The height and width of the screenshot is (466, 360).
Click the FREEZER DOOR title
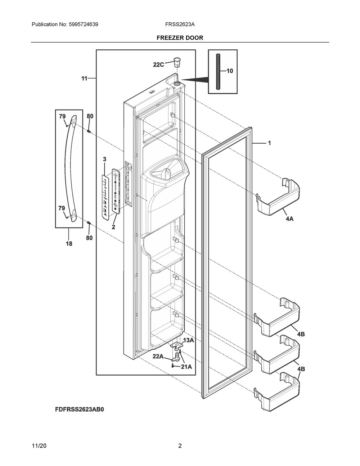[x=180, y=37]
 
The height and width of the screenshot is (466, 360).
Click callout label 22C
[x=158, y=65]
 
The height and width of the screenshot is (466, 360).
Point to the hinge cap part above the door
[x=176, y=62]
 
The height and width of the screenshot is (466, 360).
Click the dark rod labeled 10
[x=218, y=72]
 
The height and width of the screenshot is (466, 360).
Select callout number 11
[x=84, y=78]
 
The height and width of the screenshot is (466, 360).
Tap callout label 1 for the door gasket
[x=269, y=143]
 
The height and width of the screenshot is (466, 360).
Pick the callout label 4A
[x=289, y=219]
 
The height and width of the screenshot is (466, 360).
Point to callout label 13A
[x=189, y=340]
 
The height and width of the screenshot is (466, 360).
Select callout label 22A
[x=158, y=356]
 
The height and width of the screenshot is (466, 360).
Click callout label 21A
[x=186, y=367]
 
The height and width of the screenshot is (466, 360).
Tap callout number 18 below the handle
[x=69, y=243]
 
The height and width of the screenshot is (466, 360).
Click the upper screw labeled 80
[x=88, y=131]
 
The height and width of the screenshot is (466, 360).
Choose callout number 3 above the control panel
[x=104, y=159]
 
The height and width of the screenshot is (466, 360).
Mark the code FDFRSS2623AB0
[x=82, y=409]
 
